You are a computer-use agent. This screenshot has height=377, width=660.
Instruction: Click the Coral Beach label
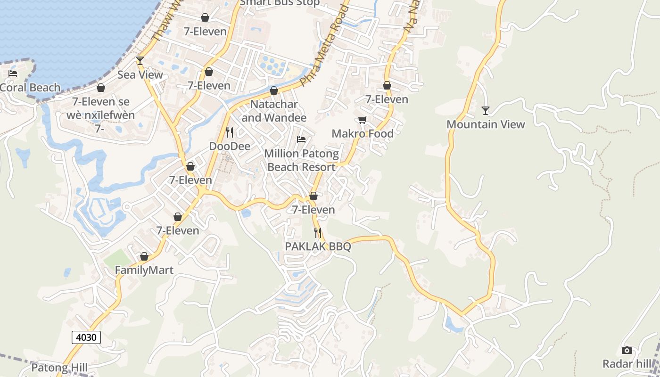31,88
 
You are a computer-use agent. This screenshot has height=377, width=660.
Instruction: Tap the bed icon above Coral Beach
13,74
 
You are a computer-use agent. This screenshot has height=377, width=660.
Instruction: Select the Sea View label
140,74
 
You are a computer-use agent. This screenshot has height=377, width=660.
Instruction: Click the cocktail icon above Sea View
140,60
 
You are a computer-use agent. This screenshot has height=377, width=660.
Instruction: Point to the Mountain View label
486,124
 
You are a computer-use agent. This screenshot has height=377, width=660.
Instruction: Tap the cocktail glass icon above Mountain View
486,111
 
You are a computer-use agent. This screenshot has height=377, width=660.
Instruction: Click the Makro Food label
363,133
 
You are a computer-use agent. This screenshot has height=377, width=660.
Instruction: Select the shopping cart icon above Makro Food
363,120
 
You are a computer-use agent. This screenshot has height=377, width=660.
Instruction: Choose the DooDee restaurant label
230,146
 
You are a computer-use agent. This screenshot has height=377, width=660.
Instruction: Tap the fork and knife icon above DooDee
230,132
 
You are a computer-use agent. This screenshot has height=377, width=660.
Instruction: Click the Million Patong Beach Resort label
301,160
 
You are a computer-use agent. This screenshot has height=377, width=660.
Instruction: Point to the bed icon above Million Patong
301,139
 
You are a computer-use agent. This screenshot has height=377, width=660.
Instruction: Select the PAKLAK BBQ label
318,246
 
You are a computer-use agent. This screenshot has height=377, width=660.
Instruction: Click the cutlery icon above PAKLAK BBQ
318,232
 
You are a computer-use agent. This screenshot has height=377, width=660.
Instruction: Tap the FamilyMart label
144,270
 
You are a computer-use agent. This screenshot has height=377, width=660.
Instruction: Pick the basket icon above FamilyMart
144,256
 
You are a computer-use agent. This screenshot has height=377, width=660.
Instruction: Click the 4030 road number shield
86,337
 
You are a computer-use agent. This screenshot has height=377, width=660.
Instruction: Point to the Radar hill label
627,364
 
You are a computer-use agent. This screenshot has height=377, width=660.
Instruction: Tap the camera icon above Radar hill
627,350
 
